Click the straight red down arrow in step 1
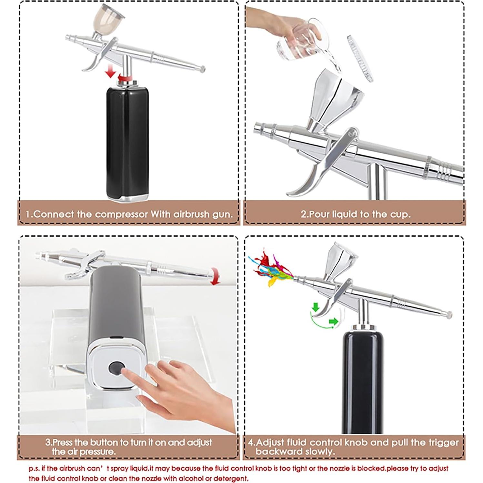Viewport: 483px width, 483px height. tap(110, 70)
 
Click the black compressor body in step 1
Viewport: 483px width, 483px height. tap(127, 142)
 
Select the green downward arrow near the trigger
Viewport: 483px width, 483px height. tap(315, 307)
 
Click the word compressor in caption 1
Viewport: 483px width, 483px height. tap(126, 214)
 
